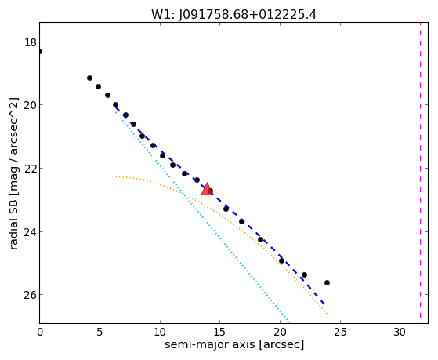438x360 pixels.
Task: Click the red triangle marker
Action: (x=207, y=189)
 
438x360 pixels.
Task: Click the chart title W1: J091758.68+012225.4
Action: (x=233, y=14)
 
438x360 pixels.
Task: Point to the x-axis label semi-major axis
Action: (x=234, y=344)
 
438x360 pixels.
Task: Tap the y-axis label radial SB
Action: (x=13, y=173)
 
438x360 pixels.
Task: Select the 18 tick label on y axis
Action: (x=31, y=42)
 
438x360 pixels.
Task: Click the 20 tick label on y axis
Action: (x=31, y=105)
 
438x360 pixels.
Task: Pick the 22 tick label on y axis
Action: (x=31, y=169)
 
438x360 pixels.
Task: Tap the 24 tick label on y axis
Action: (x=31, y=232)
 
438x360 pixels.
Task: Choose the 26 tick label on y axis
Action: (x=31, y=295)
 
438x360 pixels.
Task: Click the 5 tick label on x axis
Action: (x=100, y=333)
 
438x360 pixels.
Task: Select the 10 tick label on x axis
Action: (x=160, y=333)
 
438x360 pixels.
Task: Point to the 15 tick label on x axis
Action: (x=220, y=333)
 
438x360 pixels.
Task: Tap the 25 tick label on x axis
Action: (x=340, y=333)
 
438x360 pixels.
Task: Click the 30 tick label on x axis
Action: (x=400, y=333)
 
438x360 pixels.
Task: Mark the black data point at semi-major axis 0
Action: (x=40, y=52)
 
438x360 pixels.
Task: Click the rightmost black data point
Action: (x=327, y=283)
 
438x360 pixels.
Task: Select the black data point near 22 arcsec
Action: (x=305, y=275)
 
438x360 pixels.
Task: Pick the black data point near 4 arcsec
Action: (x=89, y=78)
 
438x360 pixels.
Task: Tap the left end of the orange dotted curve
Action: (x=116, y=176)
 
